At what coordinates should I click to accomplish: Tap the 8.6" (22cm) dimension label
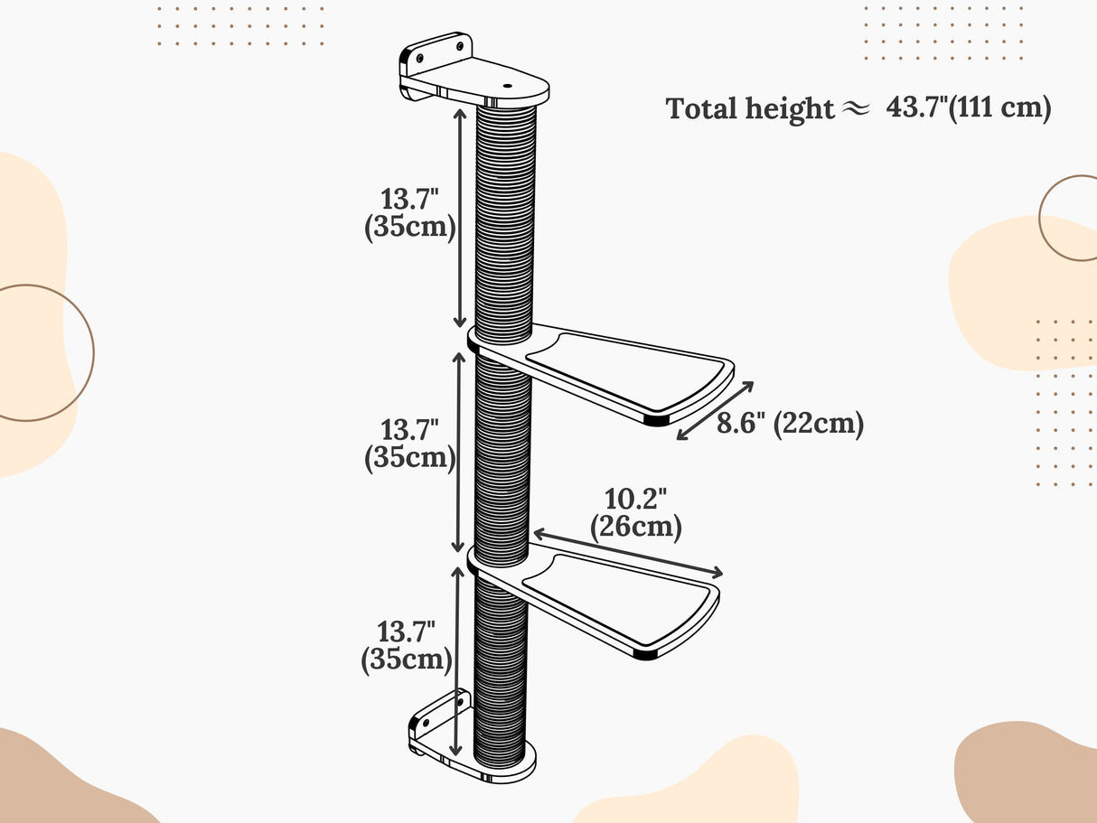(790, 423)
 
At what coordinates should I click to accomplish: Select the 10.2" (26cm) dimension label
(635, 513)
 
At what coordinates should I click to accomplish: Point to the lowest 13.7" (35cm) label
(407, 645)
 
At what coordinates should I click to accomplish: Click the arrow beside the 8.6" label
(716, 411)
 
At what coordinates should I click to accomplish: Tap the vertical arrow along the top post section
(459, 217)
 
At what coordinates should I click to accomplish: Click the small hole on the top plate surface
(505, 86)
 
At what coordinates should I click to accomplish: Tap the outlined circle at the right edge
(1075, 218)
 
